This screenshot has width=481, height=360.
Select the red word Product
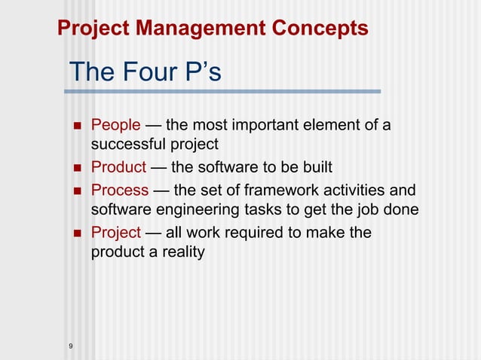tap(118, 167)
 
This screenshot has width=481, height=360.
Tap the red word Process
tap(119, 190)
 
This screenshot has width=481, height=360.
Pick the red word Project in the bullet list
tap(115, 233)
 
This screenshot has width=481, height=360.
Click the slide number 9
tap(70, 346)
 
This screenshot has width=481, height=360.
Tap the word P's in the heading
tap(201, 74)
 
